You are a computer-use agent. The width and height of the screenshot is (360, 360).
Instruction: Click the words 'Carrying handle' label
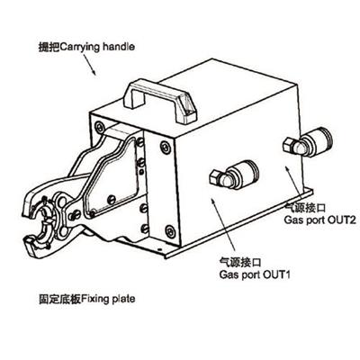(97, 48)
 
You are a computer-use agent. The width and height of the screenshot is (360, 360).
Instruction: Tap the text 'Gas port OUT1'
(255, 274)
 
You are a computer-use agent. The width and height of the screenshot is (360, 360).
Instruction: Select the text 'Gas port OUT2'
(319, 220)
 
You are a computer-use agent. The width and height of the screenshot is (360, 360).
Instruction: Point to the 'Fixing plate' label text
(108, 299)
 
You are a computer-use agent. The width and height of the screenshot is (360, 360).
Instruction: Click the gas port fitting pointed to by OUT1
(234, 175)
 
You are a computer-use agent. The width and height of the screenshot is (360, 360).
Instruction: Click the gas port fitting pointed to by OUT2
(308, 142)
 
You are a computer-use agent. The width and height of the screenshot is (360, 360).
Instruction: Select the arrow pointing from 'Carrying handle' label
(89, 65)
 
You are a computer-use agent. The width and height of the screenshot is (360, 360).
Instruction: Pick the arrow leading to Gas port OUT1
(223, 225)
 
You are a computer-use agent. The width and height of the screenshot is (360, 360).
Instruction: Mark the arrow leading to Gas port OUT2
(292, 183)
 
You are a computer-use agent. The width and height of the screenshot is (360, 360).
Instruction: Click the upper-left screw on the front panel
(100, 127)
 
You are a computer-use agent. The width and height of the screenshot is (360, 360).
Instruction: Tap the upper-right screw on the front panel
(166, 148)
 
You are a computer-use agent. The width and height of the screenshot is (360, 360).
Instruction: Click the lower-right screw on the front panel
(170, 231)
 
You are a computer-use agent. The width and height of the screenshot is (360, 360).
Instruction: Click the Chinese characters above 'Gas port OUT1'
(240, 263)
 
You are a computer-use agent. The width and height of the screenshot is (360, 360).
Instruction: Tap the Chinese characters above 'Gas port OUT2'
(305, 208)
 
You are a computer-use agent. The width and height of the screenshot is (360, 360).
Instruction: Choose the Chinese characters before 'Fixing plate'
(60, 299)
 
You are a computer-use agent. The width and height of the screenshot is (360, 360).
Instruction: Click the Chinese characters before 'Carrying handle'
(49, 48)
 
